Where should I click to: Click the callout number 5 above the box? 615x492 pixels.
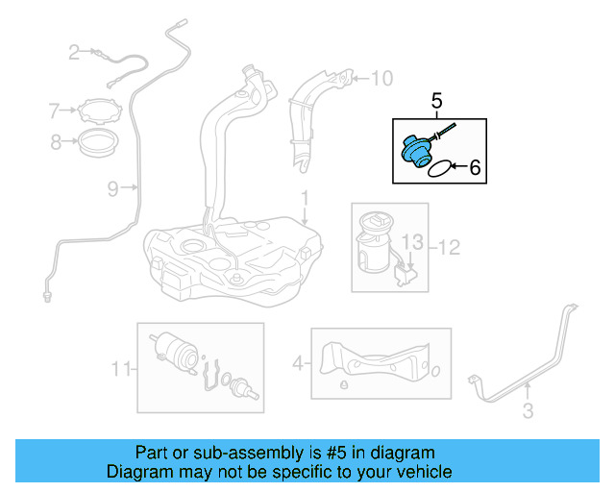click(x=436, y=100)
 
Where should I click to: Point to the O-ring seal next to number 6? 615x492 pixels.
click(x=438, y=169)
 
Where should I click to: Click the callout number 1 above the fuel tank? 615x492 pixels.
click(x=304, y=200)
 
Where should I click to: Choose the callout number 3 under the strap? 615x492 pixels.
click(x=528, y=412)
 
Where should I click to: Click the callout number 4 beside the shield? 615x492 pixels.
click(x=298, y=363)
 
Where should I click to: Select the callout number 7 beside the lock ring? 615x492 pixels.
click(x=55, y=111)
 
